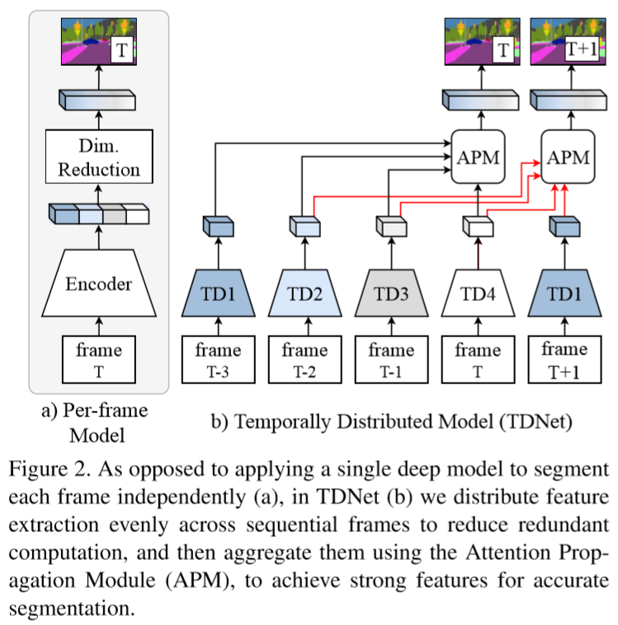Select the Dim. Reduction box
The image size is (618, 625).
[98, 159]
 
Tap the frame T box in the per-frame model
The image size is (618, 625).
[98, 359]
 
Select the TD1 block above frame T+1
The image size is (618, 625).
[564, 291]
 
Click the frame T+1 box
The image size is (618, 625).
[564, 359]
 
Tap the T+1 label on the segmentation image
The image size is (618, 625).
[580, 50]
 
